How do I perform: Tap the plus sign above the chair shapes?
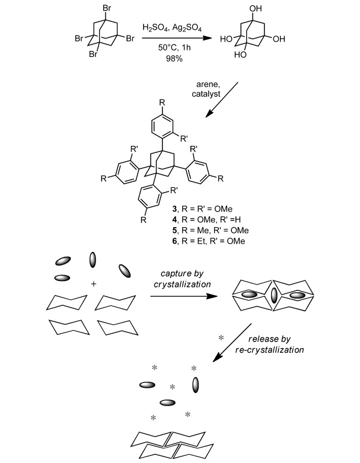[x=93, y=285]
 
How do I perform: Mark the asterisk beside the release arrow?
[x=221, y=337]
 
